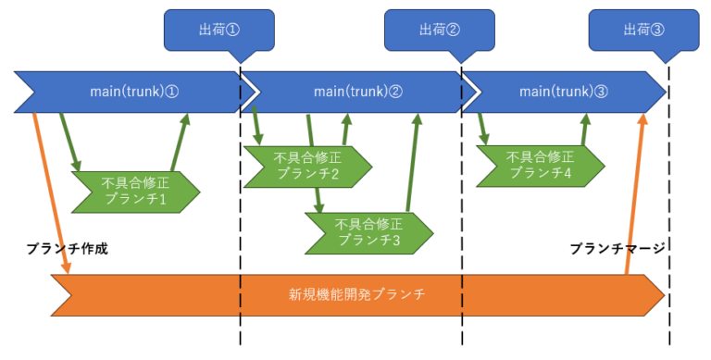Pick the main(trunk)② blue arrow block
[356, 91]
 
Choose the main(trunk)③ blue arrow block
[563, 91]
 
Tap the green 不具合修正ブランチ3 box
[368, 232]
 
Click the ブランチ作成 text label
[61, 249]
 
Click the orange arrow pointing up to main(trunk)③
[636, 194]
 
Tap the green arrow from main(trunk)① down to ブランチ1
[69, 141]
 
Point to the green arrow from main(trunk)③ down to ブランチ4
[480, 128]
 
